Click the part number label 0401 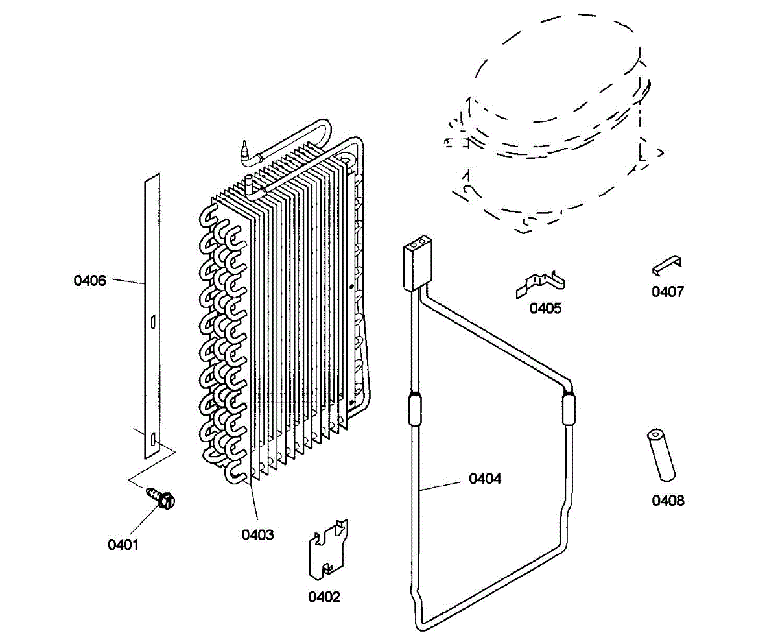123,545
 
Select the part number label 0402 324,597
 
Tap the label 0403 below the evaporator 258,535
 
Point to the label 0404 485,479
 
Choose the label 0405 546,308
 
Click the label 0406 89,281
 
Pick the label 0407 668,292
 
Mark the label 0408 668,501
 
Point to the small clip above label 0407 668,264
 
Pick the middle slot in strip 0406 151,321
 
